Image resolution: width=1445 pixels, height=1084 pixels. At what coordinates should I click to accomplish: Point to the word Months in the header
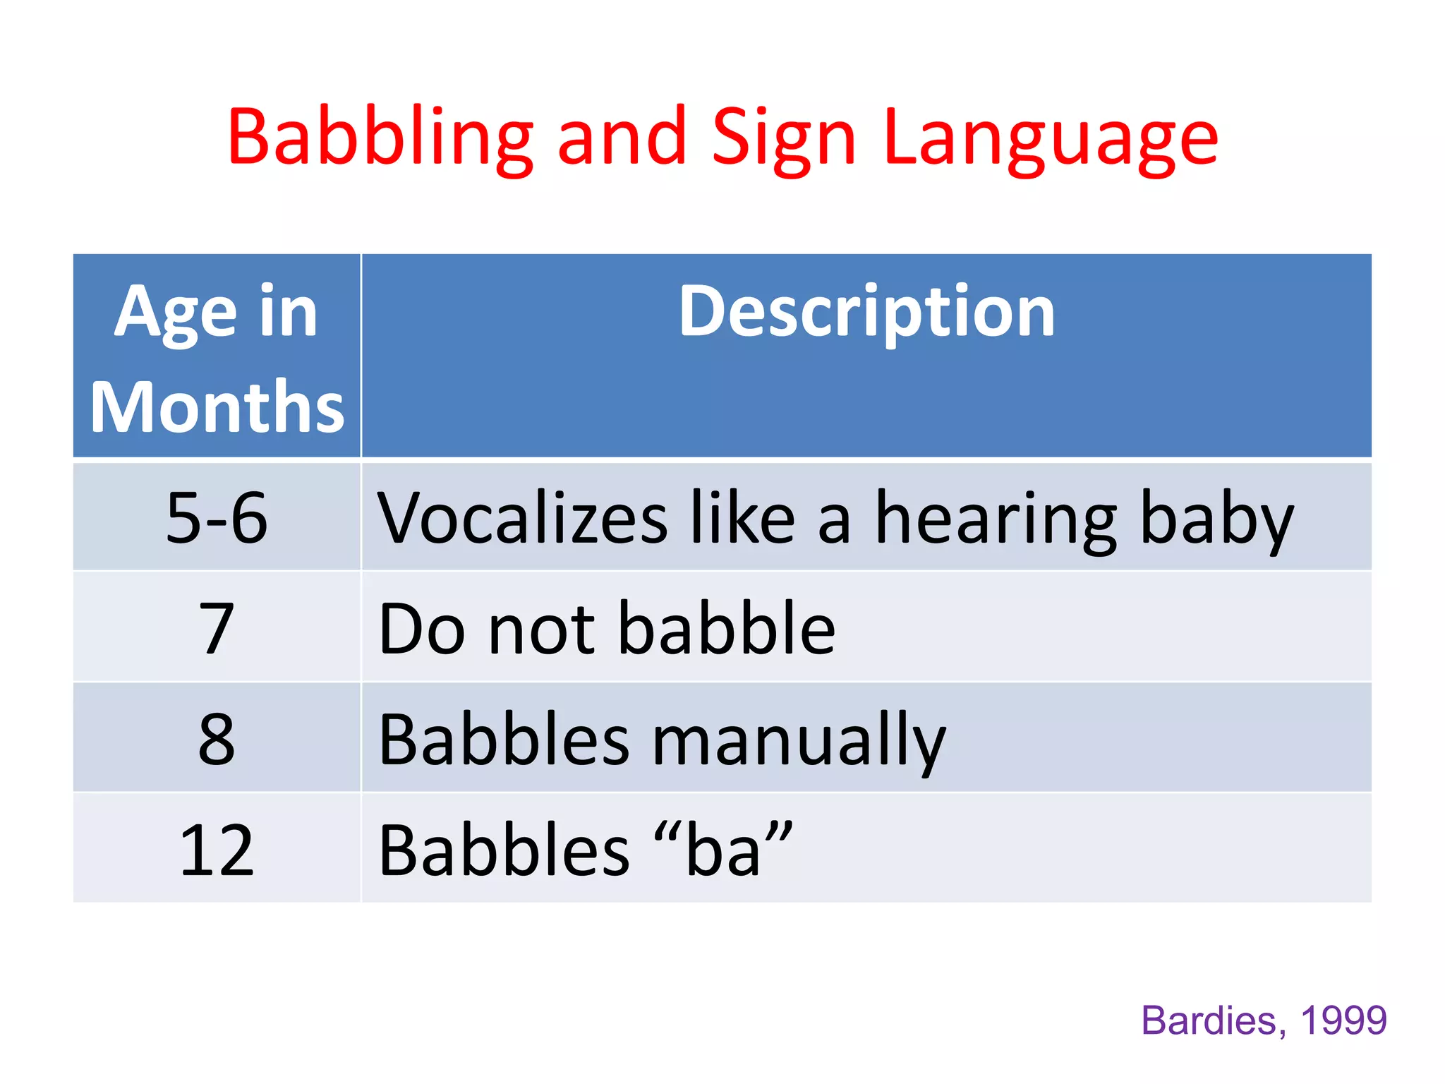[x=217, y=407]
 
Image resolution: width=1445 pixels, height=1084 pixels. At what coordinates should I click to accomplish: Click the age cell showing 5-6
[x=217, y=517]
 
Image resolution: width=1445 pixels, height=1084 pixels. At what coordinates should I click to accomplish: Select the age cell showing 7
[x=217, y=627]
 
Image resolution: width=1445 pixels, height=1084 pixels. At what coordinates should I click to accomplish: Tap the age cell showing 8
[x=217, y=738]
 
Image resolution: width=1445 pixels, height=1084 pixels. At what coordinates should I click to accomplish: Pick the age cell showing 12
[x=217, y=850]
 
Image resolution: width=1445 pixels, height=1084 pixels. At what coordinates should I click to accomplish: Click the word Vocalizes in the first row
[x=522, y=517]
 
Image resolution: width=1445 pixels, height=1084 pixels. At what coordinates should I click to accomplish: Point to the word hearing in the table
[x=996, y=517]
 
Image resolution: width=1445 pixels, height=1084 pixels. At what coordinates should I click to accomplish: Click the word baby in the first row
[x=1216, y=517]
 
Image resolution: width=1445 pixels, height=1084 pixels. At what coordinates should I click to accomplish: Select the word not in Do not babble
[x=541, y=627]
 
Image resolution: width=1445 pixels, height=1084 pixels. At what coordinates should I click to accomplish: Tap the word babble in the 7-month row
[x=727, y=627]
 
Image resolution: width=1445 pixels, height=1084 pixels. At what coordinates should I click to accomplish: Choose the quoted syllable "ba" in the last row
[x=723, y=850]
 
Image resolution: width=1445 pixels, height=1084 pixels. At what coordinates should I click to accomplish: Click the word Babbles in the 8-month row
[x=504, y=738]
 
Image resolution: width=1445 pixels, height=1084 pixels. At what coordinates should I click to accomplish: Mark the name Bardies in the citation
[x=1209, y=1020]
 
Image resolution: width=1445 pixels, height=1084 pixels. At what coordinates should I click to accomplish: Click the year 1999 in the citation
[x=1343, y=1020]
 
